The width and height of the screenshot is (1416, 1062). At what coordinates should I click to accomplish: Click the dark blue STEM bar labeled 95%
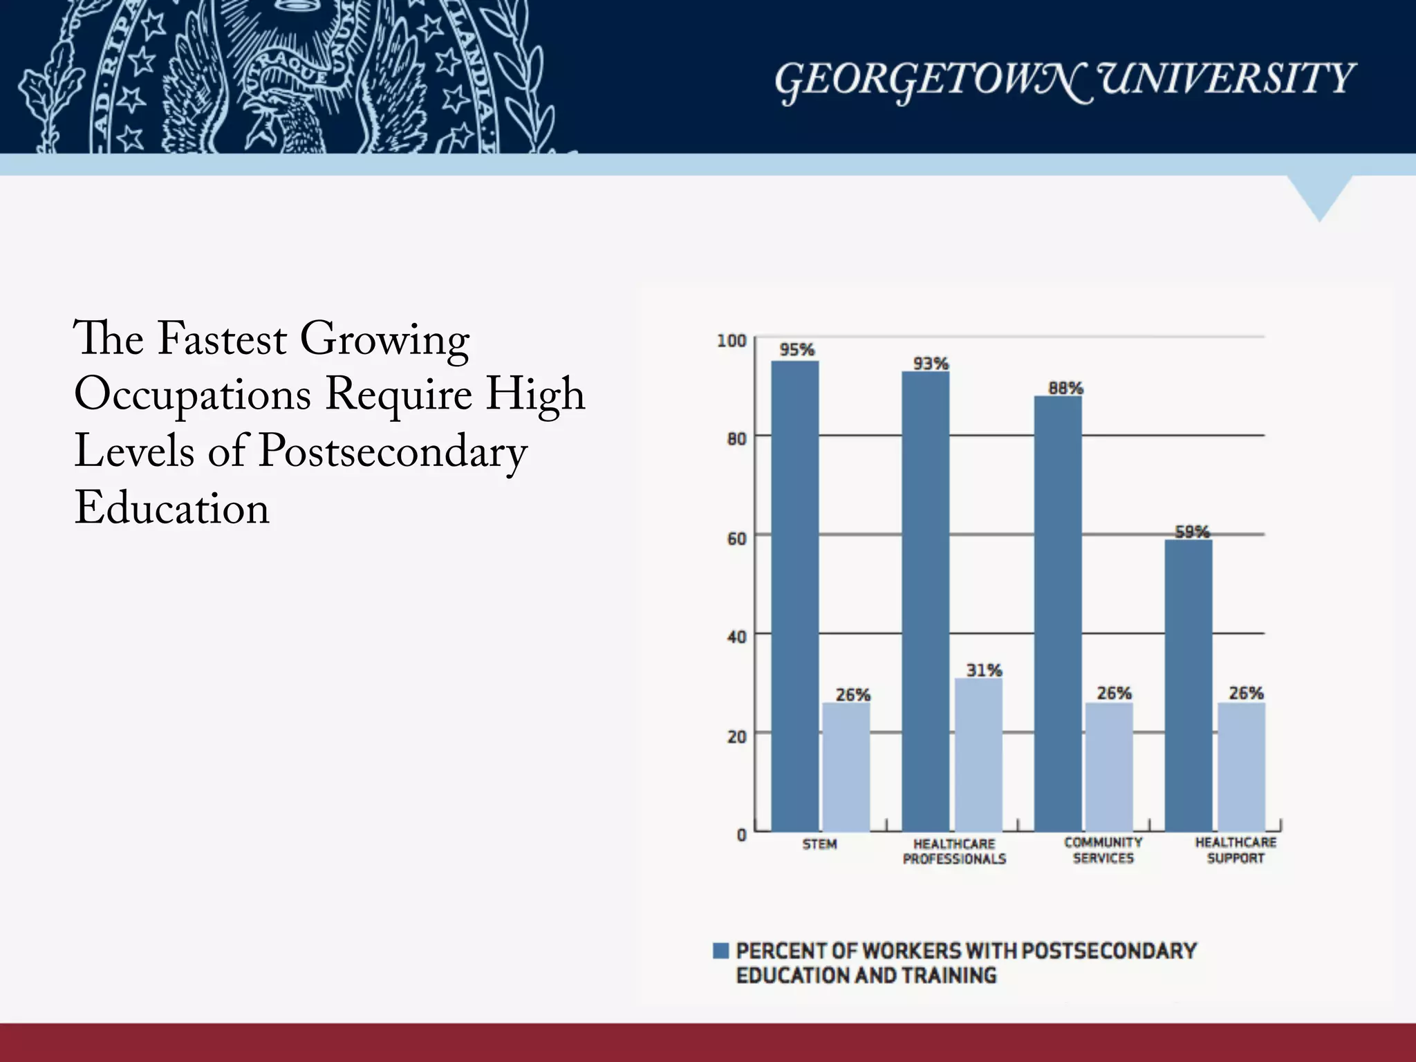(795, 595)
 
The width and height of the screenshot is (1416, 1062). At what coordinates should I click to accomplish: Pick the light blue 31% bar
(978, 754)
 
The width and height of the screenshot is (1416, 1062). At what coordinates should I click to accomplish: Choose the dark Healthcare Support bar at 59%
(1189, 684)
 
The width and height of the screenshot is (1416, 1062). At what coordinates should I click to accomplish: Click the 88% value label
(1065, 388)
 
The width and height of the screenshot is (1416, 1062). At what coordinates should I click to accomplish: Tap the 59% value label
(1192, 531)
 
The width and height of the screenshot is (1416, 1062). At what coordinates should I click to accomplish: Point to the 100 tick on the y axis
(732, 340)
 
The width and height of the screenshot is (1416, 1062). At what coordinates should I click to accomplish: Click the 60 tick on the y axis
(736, 538)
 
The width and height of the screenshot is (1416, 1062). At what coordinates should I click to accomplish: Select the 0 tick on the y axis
(741, 835)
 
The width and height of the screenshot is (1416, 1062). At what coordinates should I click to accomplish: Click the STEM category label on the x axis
(819, 844)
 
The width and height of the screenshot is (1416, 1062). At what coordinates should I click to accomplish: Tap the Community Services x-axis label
(1103, 850)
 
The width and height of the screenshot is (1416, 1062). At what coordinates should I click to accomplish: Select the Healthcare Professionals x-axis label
(954, 851)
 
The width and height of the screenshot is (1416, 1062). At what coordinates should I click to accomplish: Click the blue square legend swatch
(720, 950)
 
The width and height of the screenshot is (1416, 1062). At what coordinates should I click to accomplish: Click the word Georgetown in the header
(930, 80)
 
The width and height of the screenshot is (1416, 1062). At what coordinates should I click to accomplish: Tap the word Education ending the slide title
(171, 508)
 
